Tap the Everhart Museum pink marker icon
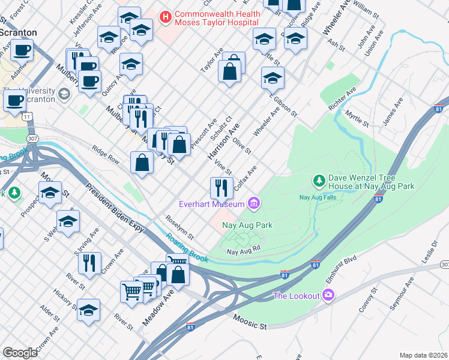click(x=254, y=204)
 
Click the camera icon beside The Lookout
click(x=328, y=295)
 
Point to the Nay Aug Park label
click(x=247, y=226)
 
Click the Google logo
click(x=20, y=352)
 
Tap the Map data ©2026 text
click(x=423, y=355)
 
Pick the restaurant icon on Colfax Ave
click(x=221, y=187)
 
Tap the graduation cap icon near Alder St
click(x=88, y=310)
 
